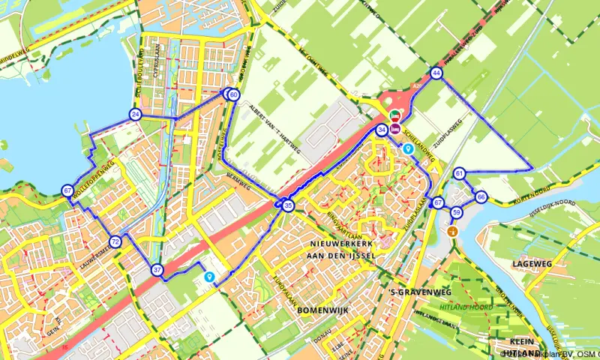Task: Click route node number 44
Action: [436, 73]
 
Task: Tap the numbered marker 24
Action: [135, 115]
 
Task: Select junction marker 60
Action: [233, 94]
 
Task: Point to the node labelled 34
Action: [382, 130]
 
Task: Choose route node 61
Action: [460, 174]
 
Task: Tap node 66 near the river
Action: [481, 197]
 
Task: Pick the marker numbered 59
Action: [457, 213]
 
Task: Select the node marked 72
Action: [115, 241]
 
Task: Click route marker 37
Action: [156, 270]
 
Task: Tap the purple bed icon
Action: [395, 128]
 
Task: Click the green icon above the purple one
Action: [395, 115]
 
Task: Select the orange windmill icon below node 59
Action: [452, 231]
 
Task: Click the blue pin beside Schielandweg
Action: [409, 148]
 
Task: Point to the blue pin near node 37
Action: [209, 277]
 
